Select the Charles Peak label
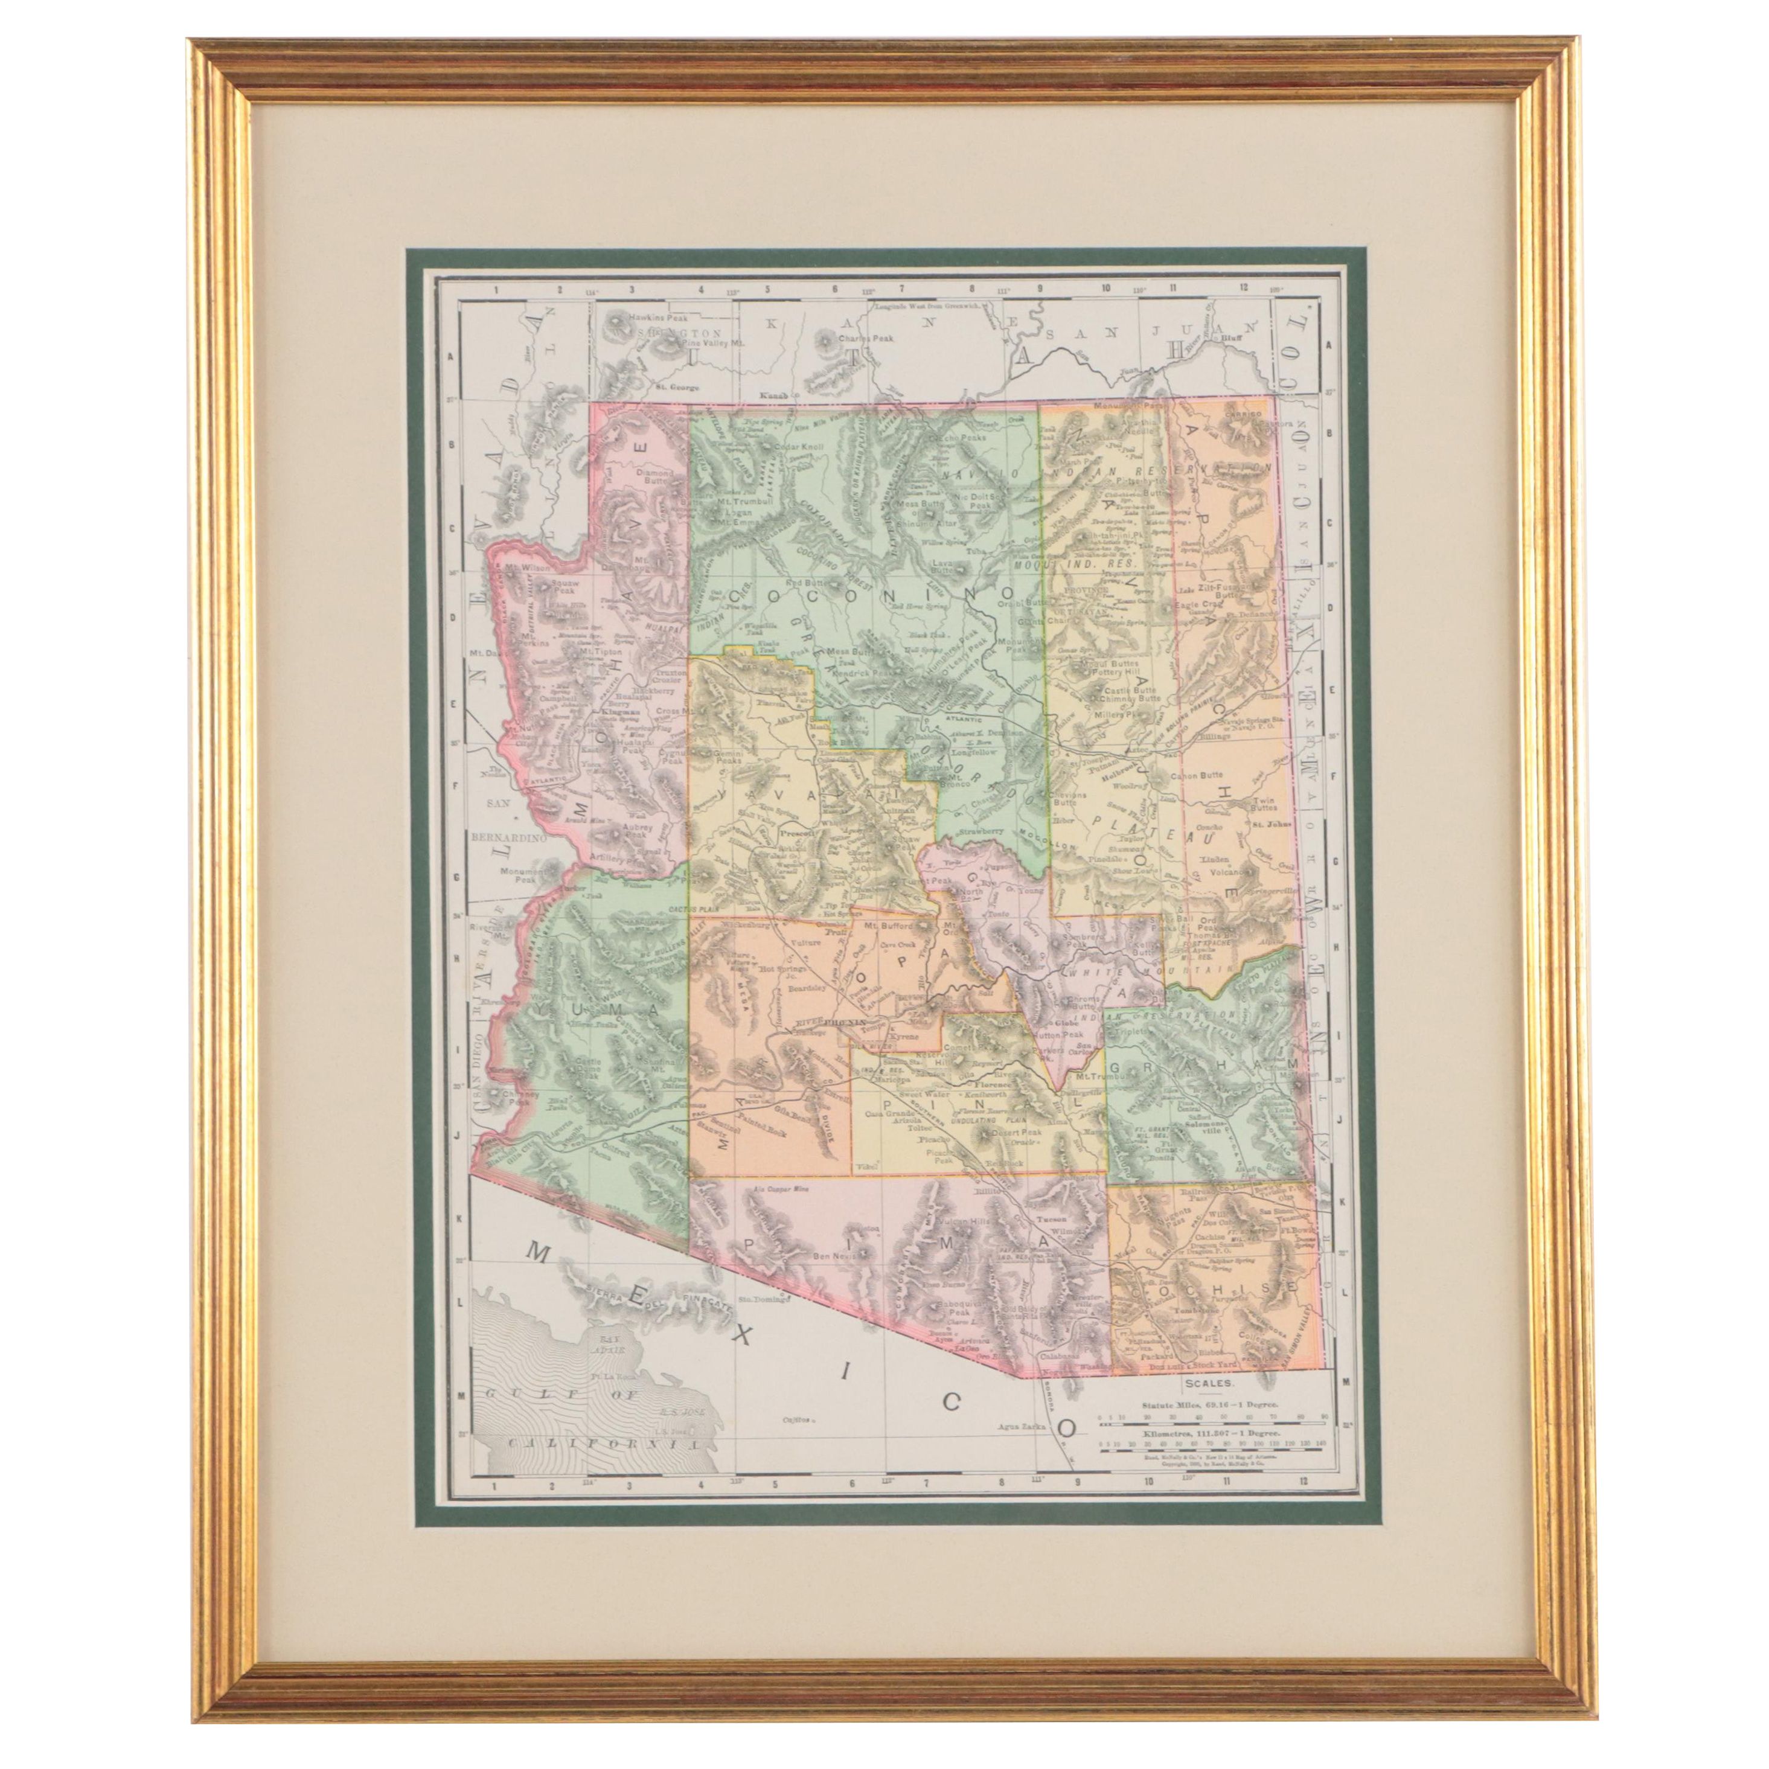click(x=865, y=338)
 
